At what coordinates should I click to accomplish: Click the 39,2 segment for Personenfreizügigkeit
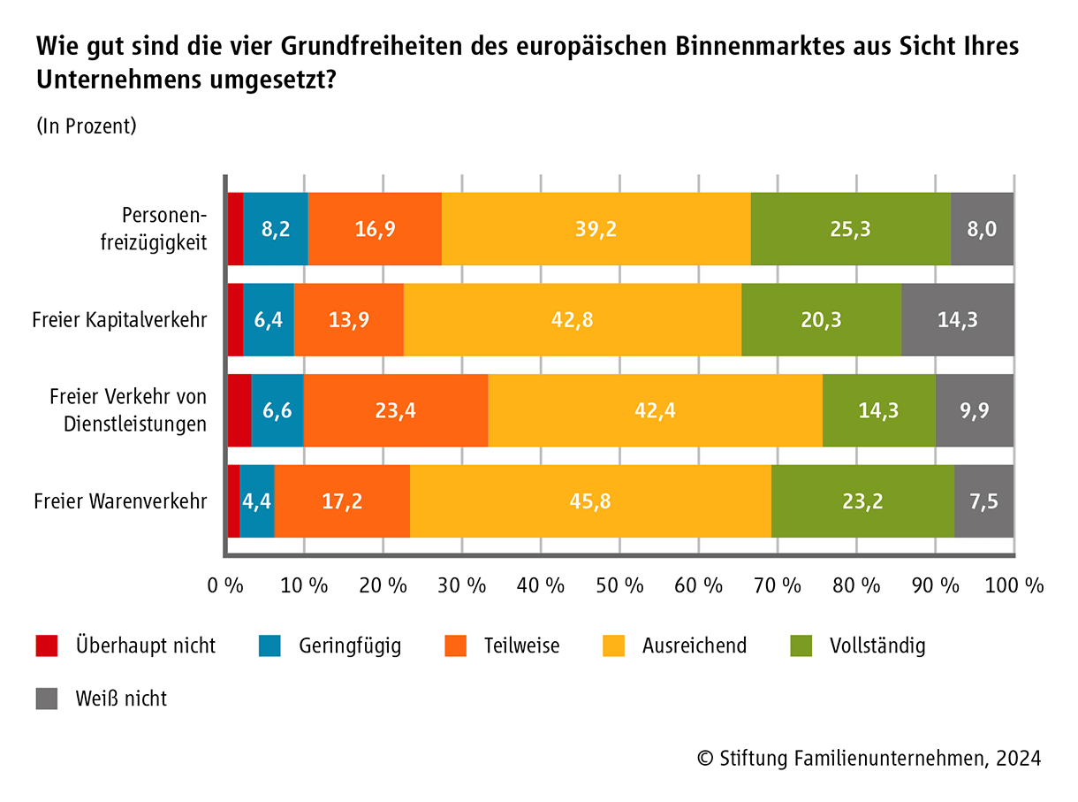[x=596, y=229]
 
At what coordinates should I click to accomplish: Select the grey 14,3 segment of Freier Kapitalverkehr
[x=958, y=320]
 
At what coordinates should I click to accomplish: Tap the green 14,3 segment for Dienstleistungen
[x=878, y=410]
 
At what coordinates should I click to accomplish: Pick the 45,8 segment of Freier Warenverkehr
[x=590, y=501]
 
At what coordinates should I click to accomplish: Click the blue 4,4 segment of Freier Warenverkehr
[x=257, y=501]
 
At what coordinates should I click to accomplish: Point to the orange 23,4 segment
[x=395, y=410]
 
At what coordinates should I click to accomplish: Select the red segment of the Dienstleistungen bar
[x=239, y=410]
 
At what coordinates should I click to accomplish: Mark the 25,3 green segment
[x=850, y=229]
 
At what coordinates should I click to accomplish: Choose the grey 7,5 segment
[x=983, y=501]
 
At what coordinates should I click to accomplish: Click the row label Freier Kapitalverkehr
[x=119, y=320]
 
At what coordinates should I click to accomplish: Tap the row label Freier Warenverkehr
[x=120, y=501]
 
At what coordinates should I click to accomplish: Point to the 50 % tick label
[x=620, y=585]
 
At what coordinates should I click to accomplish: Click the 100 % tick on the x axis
[x=1014, y=585]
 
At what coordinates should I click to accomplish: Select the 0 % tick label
[x=225, y=585]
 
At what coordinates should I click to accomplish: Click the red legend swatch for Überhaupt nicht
[x=47, y=645]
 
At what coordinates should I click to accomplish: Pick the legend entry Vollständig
[x=877, y=645]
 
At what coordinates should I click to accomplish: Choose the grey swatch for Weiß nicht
[x=47, y=699]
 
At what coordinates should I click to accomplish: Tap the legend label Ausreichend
[x=694, y=645]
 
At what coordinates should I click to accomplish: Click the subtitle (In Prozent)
[x=87, y=126]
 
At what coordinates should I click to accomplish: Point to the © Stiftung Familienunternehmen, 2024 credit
[x=869, y=758]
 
